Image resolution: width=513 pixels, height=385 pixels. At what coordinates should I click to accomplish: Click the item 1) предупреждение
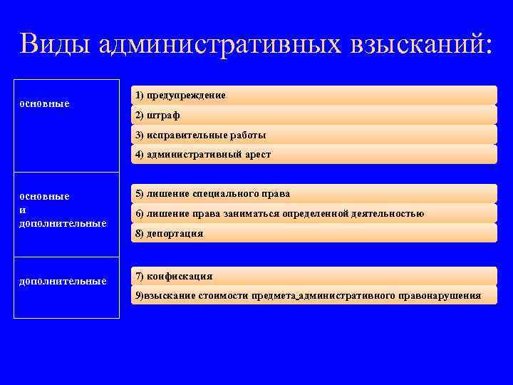click(x=180, y=96)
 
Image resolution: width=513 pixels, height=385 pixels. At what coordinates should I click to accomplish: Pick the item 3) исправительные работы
click(x=200, y=135)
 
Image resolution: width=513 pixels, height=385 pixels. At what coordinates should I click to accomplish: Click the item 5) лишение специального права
click(x=212, y=194)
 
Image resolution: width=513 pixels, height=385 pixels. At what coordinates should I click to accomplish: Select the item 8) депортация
click(x=169, y=233)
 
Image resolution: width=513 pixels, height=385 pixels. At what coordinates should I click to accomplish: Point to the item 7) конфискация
click(x=174, y=277)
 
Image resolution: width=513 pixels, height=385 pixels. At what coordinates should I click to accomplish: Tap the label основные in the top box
click(x=44, y=104)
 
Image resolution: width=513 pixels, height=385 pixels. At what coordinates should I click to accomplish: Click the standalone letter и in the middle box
click(x=22, y=210)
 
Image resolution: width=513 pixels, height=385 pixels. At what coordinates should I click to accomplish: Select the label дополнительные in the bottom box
click(x=62, y=281)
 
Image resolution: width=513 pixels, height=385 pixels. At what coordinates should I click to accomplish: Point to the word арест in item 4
click(x=257, y=154)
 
